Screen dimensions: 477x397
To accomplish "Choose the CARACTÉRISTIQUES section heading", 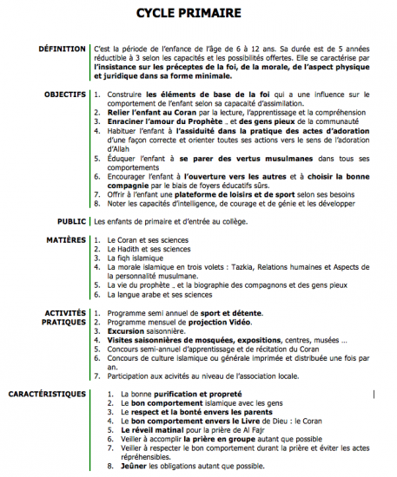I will (x=48, y=394).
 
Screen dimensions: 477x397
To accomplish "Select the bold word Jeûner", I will (x=122, y=466).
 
